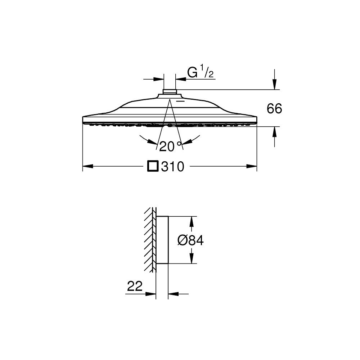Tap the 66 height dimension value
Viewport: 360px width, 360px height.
274,108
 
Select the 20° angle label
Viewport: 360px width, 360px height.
170,146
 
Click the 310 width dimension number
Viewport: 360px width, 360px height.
173,166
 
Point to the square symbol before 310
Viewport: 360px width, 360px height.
153,166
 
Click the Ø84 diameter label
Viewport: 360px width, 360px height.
190,240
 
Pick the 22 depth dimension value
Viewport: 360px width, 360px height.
135,286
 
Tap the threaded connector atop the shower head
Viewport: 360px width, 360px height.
170,91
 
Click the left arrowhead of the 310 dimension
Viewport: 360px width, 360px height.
88,166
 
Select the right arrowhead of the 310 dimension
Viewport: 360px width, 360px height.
251,166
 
